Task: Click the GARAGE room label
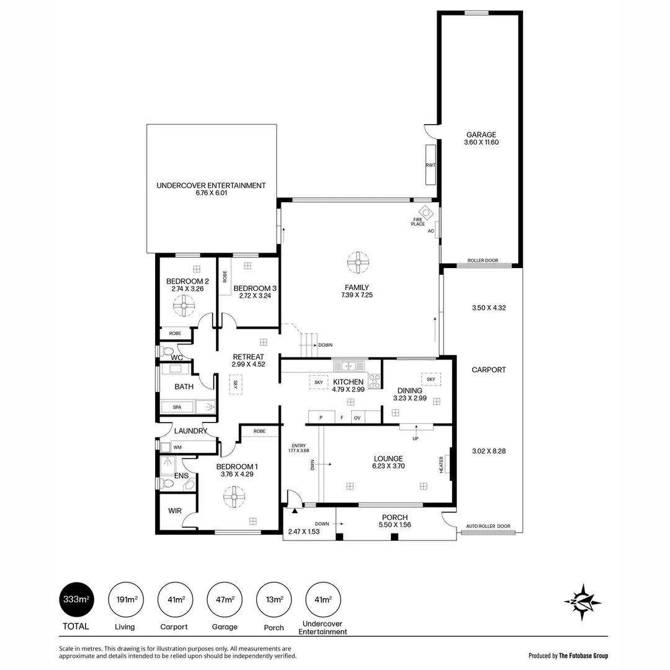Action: [x=481, y=135]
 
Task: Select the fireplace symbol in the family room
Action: [x=424, y=212]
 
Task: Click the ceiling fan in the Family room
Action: [x=357, y=262]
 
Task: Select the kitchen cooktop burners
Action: [x=374, y=382]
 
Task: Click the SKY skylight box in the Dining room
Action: [x=431, y=378]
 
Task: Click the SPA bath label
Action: [x=177, y=408]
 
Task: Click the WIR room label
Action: [x=175, y=511]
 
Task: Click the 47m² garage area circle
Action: [x=225, y=599]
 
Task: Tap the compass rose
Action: [x=582, y=601]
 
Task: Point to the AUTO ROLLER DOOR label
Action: [x=488, y=526]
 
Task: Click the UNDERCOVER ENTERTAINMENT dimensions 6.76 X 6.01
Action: [x=211, y=193]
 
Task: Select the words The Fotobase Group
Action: [x=583, y=656]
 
